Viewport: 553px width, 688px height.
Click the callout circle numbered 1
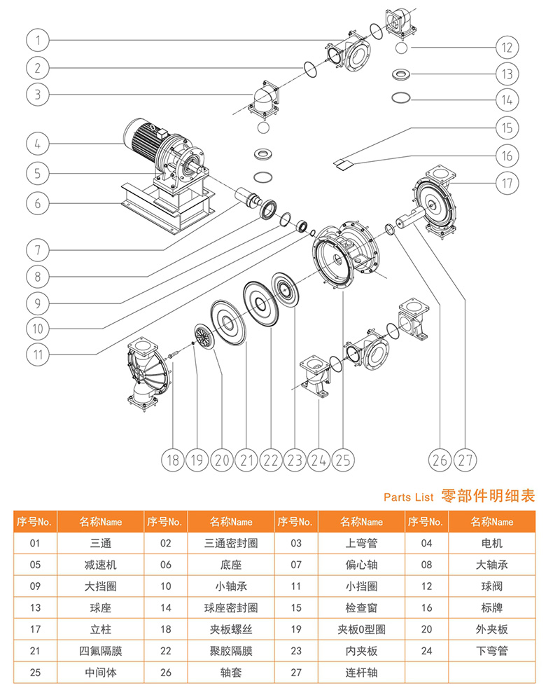tap(38, 40)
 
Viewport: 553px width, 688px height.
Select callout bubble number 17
tap(506, 183)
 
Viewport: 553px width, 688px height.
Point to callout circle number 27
tap(465, 460)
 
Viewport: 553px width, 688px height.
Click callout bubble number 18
tap(172, 460)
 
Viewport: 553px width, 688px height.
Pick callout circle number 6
tap(38, 203)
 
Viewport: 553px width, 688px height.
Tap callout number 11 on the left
tap(38, 354)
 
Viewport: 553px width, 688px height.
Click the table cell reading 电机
tap(492, 543)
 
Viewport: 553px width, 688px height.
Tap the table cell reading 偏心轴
tap(361, 565)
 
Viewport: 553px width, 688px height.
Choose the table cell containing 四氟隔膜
tap(101, 651)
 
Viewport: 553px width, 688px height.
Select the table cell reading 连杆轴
tap(361, 673)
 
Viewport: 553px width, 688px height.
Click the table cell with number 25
tap(35, 673)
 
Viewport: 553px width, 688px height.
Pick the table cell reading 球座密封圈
tap(231, 607)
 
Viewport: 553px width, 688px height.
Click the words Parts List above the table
tap(409, 497)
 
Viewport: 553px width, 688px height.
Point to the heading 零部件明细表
tap(488, 496)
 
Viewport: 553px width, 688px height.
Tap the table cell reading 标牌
tap(492, 607)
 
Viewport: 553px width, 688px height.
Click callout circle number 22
tap(270, 460)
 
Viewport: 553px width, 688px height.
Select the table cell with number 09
tap(35, 586)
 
